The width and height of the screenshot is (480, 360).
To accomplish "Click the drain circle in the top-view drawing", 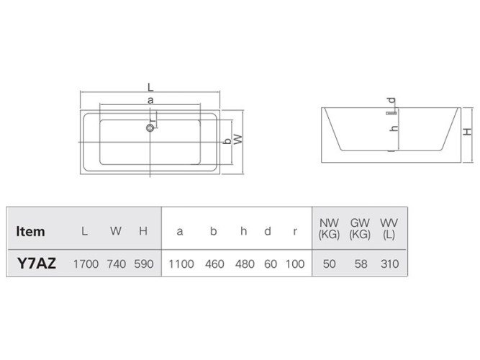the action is click(x=150, y=127).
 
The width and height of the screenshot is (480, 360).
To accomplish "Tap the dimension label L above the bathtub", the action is click(x=150, y=87).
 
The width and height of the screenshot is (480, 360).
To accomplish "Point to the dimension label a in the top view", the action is click(x=150, y=100).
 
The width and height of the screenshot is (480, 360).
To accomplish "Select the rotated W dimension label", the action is click(x=238, y=140).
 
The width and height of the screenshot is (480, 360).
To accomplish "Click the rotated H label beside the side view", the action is click(x=467, y=132).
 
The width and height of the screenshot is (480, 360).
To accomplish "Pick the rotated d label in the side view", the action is click(x=391, y=101).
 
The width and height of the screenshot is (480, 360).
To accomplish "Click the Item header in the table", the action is click(x=30, y=231).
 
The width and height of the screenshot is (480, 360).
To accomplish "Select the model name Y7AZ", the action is click(x=37, y=264).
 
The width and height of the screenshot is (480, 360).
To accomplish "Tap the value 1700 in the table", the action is click(x=86, y=264).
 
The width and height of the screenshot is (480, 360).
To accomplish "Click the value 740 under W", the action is click(x=117, y=264).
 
